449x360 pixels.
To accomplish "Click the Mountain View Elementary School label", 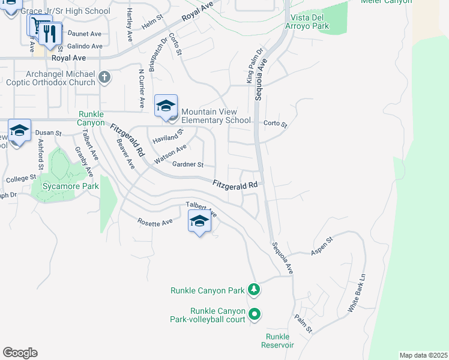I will tap(216, 116).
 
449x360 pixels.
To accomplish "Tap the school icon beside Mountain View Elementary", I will tap(166, 107).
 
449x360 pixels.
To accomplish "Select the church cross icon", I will tap(104, 76).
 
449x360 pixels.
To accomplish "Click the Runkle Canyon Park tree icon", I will tap(255, 290).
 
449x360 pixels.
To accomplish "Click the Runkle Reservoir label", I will tap(277, 340).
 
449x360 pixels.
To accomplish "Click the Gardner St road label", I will tap(188, 164).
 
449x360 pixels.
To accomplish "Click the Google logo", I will tap(20, 353).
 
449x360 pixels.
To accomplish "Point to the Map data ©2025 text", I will tap(423, 355).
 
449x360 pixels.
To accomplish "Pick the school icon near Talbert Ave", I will tap(200, 222).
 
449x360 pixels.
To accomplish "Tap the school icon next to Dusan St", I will tap(19, 132).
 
